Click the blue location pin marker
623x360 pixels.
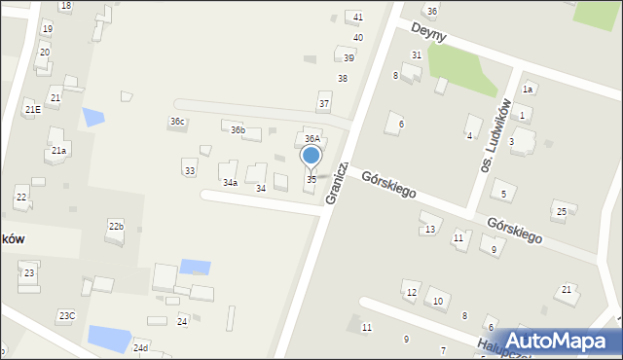coord(311,156)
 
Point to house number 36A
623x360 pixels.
coord(312,139)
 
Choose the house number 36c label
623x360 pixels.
coord(177,122)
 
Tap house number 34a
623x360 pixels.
coord(230,182)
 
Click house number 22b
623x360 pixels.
coord(116,227)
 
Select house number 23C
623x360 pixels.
coord(66,316)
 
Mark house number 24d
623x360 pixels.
coord(141,347)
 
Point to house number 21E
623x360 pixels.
coord(33,110)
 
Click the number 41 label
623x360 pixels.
coord(358,18)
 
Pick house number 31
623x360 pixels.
coord(417,55)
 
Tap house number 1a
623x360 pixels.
coord(528,90)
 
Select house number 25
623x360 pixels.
coord(561,212)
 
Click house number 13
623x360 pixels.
coord(429,230)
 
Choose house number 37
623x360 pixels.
coord(324,104)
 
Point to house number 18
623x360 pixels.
coord(65,6)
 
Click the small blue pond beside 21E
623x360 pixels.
coord(92,117)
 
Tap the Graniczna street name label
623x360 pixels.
coord(337,182)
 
